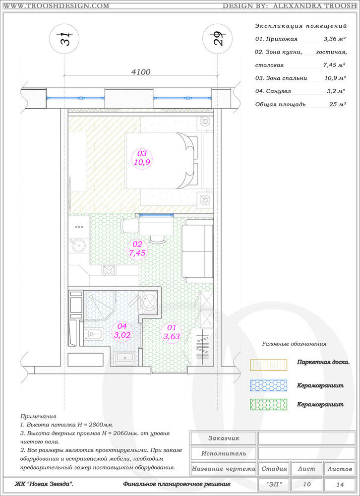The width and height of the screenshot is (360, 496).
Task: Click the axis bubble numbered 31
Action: (64, 39)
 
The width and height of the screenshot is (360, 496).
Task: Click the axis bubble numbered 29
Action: (217, 39)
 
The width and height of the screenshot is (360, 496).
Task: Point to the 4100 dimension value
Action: (141, 72)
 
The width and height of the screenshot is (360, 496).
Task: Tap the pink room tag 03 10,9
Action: (142, 158)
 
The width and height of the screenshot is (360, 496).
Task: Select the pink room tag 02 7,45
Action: (137, 249)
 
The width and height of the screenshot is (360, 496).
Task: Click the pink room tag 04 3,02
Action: (122, 330)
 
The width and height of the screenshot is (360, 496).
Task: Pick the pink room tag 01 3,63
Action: (172, 332)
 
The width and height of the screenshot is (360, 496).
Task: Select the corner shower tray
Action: (100, 306)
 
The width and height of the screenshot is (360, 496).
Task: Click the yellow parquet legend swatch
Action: (268, 365)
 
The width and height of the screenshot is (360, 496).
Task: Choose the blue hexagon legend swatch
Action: (268, 385)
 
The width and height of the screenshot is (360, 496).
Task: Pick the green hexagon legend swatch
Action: (268, 405)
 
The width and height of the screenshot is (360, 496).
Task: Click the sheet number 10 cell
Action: (306, 484)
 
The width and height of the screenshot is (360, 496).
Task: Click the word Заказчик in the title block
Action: (224, 438)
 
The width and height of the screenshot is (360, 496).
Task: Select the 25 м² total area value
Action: (337, 104)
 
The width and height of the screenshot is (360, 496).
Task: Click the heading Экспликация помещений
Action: (301, 26)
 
